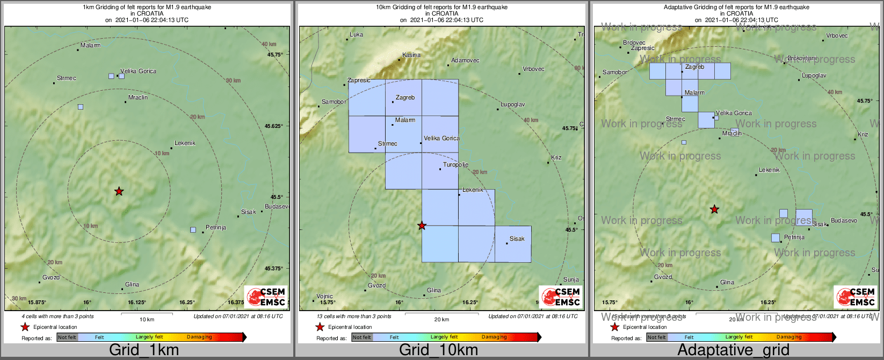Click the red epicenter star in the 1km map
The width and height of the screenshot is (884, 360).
click(119, 191)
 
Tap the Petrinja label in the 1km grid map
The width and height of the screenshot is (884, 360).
click(216, 228)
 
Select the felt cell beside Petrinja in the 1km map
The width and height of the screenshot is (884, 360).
click(193, 230)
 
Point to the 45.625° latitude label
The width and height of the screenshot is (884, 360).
click(274, 126)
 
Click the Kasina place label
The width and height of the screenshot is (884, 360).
click(411, 55)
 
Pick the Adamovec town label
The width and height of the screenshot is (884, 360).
click(465, 61)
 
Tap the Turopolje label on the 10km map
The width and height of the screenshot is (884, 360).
click(455, 165)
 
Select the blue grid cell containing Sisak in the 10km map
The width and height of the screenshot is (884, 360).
click(513, 244)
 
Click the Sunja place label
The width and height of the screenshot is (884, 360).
click(571, 279)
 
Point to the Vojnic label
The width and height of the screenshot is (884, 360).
click(324, 296)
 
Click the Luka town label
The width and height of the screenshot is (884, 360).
click(356, 35)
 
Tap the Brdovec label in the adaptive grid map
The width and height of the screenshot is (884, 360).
click(634, 42)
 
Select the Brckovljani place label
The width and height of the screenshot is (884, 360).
click(802, 58)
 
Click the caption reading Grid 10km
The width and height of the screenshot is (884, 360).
click(438, 350)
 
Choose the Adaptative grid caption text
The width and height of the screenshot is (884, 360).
click(733, 350)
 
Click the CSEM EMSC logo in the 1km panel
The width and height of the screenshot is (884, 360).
click(266, 297)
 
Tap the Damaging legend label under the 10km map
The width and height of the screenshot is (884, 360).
click(494, 337)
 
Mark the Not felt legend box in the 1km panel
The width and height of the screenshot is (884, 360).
click(67, 337)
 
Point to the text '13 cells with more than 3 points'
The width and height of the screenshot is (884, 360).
click(354, 316)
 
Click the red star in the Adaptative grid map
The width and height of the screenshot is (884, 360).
click(714, 209)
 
